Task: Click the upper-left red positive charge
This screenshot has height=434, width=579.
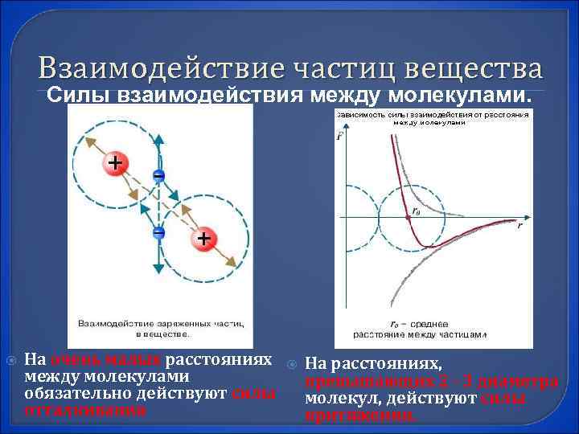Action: [116, 163]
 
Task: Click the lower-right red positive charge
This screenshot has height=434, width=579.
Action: [203, 238]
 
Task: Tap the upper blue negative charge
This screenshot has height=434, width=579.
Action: [159, 174]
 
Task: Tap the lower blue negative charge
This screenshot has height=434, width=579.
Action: [159, 232]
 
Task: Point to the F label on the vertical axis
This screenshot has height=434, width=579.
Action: [339, 136]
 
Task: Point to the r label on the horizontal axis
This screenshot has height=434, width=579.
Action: [519, 226]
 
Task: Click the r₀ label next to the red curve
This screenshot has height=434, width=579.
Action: [415, 211]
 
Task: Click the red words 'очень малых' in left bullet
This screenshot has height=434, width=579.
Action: [87, 358]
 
